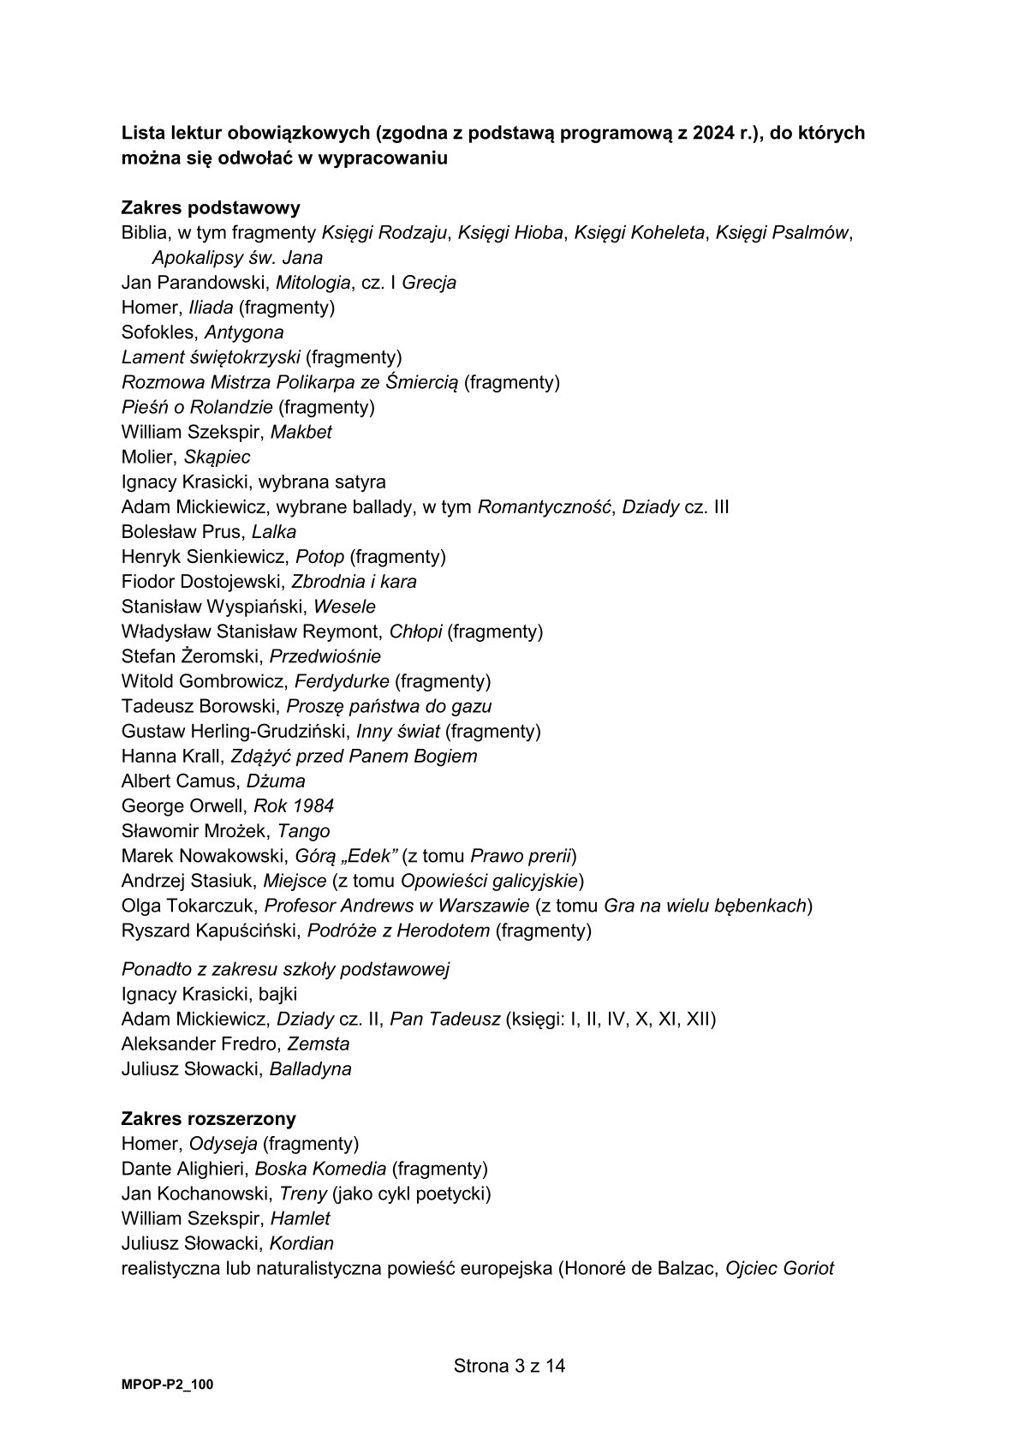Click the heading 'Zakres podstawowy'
point(210,208)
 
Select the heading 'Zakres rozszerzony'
point(209,1119)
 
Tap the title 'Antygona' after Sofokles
point(244,332)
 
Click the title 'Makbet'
point(301,432)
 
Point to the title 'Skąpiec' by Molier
point(217,457)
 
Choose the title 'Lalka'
point(274,531)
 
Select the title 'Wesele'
point(344,607)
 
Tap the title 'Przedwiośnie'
point(325,656)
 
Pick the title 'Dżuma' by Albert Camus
point(276,781)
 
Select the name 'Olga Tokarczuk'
point(188,906)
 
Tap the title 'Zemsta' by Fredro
point(319,1044)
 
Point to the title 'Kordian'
point(301,1243)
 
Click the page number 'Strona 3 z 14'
point(509,1366)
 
